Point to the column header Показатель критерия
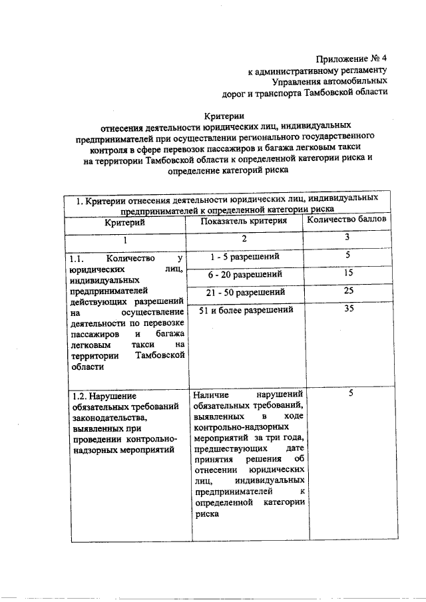click(244, 221)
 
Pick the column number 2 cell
click(244, 239)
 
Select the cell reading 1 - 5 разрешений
click(244, 257)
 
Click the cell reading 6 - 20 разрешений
click(245, 274)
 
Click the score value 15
click(348, 273)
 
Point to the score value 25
click(348, 291)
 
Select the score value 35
click(348, 309)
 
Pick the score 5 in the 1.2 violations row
click(350, 394)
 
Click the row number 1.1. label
click(79, 258)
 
